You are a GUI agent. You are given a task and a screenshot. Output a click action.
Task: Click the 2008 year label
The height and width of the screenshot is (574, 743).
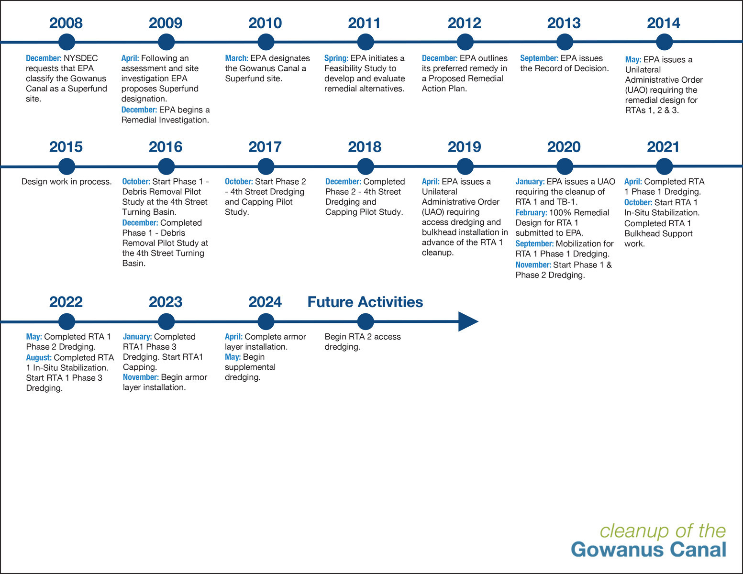click(66, 23)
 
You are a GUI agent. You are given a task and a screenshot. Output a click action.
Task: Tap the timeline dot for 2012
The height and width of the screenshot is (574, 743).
click(465, 42)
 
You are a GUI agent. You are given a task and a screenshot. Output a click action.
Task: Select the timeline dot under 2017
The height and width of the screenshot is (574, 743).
click(266, 166)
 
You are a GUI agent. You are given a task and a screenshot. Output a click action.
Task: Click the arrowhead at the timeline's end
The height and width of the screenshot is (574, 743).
click(468, 321)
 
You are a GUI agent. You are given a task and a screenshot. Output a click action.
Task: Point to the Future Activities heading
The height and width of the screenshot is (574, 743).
click(365, 302)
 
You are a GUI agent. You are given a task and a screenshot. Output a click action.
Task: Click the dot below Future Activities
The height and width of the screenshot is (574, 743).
click(365, 321)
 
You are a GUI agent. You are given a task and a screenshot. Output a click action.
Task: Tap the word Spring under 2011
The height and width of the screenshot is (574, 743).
click(336, 58)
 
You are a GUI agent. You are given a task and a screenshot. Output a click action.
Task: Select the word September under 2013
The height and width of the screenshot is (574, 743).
click(539, 58)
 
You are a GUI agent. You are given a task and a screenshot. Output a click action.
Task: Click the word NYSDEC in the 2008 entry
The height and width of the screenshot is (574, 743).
click(81, 58)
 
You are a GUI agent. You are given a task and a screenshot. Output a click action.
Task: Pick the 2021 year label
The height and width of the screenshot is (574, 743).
click(663, 147)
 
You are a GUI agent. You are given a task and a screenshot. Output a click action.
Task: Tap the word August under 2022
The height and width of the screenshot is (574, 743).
click(39, 358)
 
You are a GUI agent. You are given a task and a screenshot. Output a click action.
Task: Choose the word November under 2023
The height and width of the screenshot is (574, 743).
click(141, 377)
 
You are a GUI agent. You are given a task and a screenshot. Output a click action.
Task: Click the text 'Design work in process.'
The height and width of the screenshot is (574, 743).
click(67, 182)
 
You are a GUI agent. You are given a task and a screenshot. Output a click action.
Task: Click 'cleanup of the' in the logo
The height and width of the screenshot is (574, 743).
click(663, 531)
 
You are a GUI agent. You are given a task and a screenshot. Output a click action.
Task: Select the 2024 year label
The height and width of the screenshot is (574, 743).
click(265, 302)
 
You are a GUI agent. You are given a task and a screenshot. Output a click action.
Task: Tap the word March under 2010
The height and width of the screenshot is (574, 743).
click(236, 58)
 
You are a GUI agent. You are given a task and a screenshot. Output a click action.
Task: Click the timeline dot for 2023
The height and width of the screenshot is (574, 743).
click(166, 321)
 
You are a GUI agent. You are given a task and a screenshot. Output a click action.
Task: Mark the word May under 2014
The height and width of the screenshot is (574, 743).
click(633, 60)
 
